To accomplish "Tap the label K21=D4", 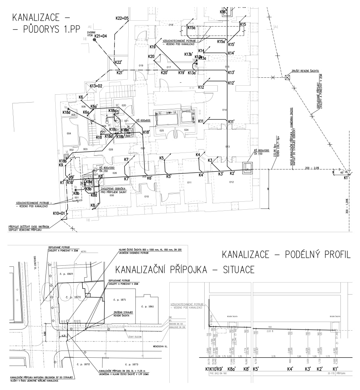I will pos(101,36).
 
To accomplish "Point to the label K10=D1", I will pos(59,214).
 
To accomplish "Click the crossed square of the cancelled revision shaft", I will pos(288,77).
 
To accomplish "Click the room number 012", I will pos(231,183).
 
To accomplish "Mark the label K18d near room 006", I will pos(67,112).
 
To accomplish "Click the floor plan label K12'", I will pos(231,83).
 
